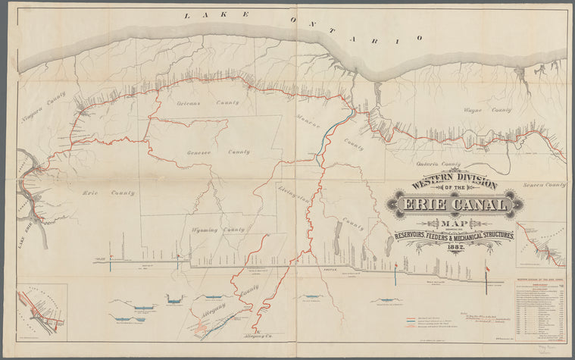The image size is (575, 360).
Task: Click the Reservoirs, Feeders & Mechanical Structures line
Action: point(454,236)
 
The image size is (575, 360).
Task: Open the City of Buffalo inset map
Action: point(42,311)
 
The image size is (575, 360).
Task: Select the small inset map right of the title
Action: point(540,244)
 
